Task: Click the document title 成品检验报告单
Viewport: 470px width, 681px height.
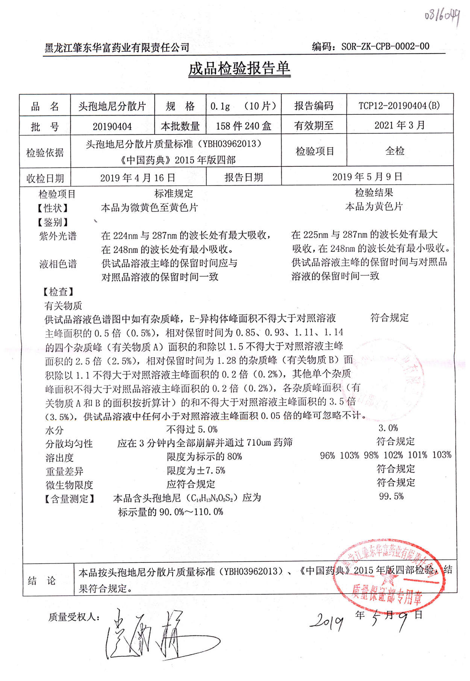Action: coord(239,69)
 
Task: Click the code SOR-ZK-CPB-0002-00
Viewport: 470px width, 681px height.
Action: coord(385,47)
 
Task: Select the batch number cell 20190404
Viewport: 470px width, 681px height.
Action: coord(112,126)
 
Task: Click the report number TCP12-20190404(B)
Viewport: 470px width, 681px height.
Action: coord(399,105)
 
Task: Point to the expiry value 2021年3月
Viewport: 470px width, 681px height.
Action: coord(399,125)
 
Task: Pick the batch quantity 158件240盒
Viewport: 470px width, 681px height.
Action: coord(243,126)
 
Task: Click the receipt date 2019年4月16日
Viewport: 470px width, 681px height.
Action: coord(138,178)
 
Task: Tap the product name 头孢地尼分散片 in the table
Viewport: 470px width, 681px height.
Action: coord(112,106)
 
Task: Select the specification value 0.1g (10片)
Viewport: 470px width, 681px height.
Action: coord(243,106)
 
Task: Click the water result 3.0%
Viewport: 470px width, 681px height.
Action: coord(388,428)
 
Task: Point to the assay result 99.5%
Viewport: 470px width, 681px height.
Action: coord(391,497)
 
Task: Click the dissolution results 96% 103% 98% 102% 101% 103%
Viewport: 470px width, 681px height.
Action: coord(385,455)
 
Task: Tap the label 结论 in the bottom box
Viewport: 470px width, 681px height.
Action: coord(41,580)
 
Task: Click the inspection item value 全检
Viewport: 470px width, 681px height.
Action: coord(395,151)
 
